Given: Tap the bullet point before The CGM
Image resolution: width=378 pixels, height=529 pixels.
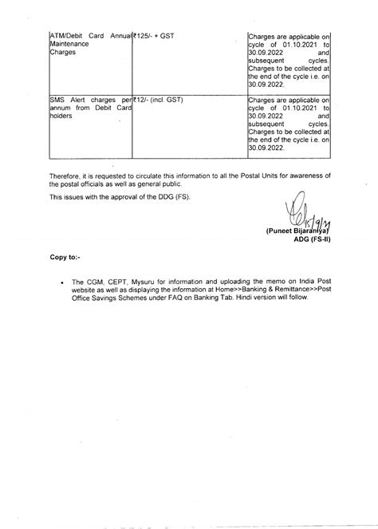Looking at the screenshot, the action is coord(61,282).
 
